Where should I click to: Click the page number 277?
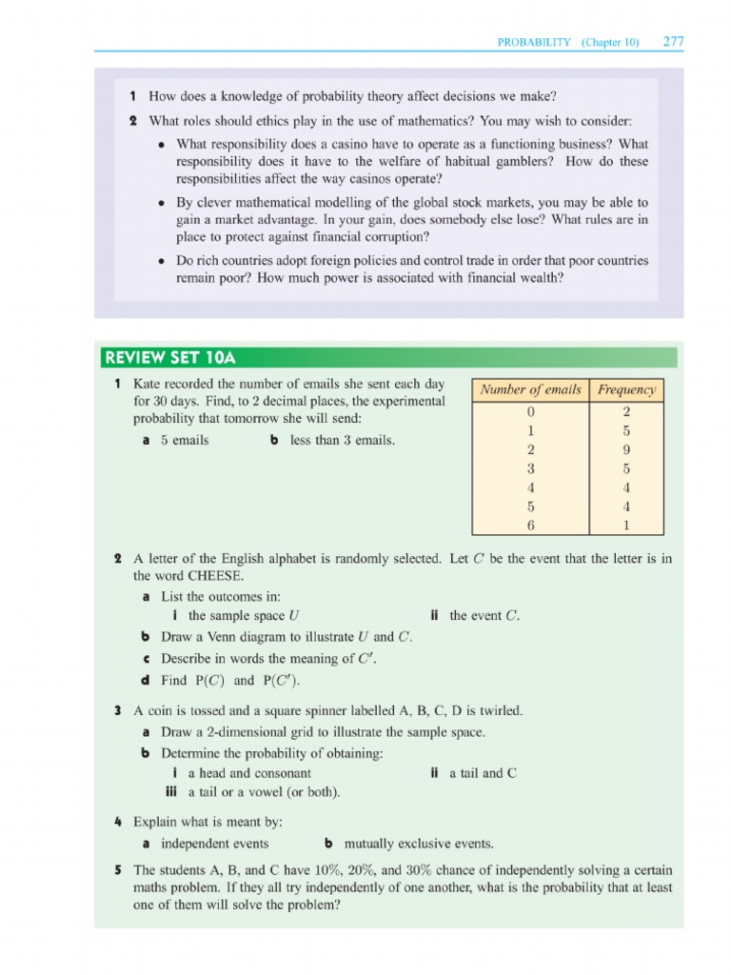673,42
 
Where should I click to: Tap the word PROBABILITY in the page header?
534,43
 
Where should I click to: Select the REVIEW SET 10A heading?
168,358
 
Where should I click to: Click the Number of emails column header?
530,389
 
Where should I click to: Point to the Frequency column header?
626,389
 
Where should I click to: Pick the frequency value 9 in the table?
626,449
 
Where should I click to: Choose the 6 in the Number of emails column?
530,526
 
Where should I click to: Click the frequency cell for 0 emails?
626,412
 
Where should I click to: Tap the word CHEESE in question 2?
214,576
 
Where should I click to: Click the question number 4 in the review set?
116,821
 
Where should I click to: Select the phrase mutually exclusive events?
419,844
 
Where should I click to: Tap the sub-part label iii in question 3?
172,792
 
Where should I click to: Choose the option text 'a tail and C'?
483,773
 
